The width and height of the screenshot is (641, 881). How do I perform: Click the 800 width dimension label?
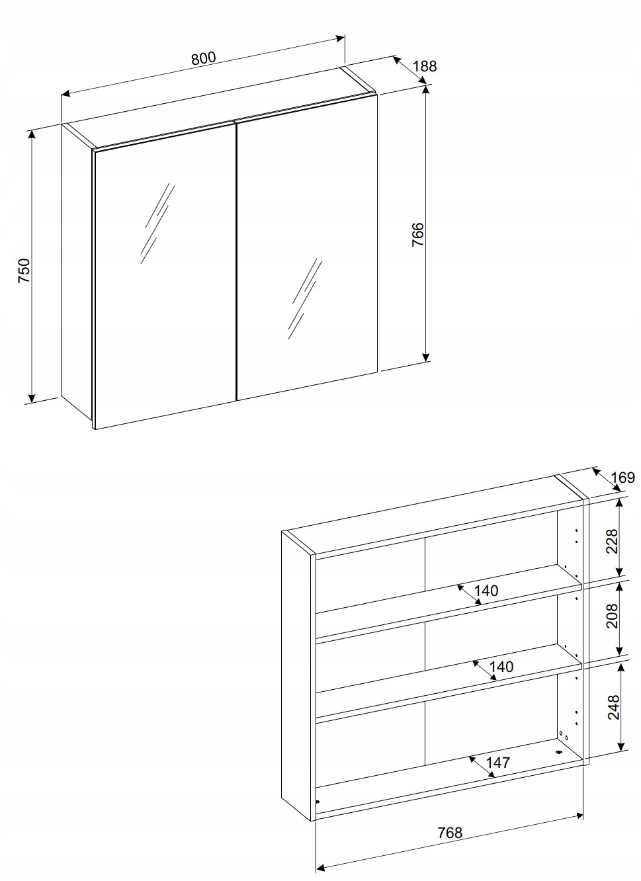(x=204, y=58)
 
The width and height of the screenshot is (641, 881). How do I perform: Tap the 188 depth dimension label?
(x=425, y=66)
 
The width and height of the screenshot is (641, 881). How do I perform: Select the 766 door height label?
(x=417, y=235)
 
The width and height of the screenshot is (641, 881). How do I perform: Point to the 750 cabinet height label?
(x=24, y=271)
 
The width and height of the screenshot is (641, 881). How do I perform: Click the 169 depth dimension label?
(x=623, y=478)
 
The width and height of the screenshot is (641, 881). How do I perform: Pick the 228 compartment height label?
(x=613, y=542)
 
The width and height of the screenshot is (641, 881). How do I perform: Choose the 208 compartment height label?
(x=613, y=616)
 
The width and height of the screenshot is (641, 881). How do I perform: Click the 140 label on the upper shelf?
(x=486, y=591)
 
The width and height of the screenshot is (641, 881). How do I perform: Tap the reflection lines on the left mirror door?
(x=157, y=223)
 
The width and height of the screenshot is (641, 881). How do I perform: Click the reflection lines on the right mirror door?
(x=305, y=298)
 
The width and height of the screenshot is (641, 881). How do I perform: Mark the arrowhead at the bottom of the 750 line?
(x=32, y=398)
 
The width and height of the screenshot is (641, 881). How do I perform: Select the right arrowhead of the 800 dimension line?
(x=340, y=38)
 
